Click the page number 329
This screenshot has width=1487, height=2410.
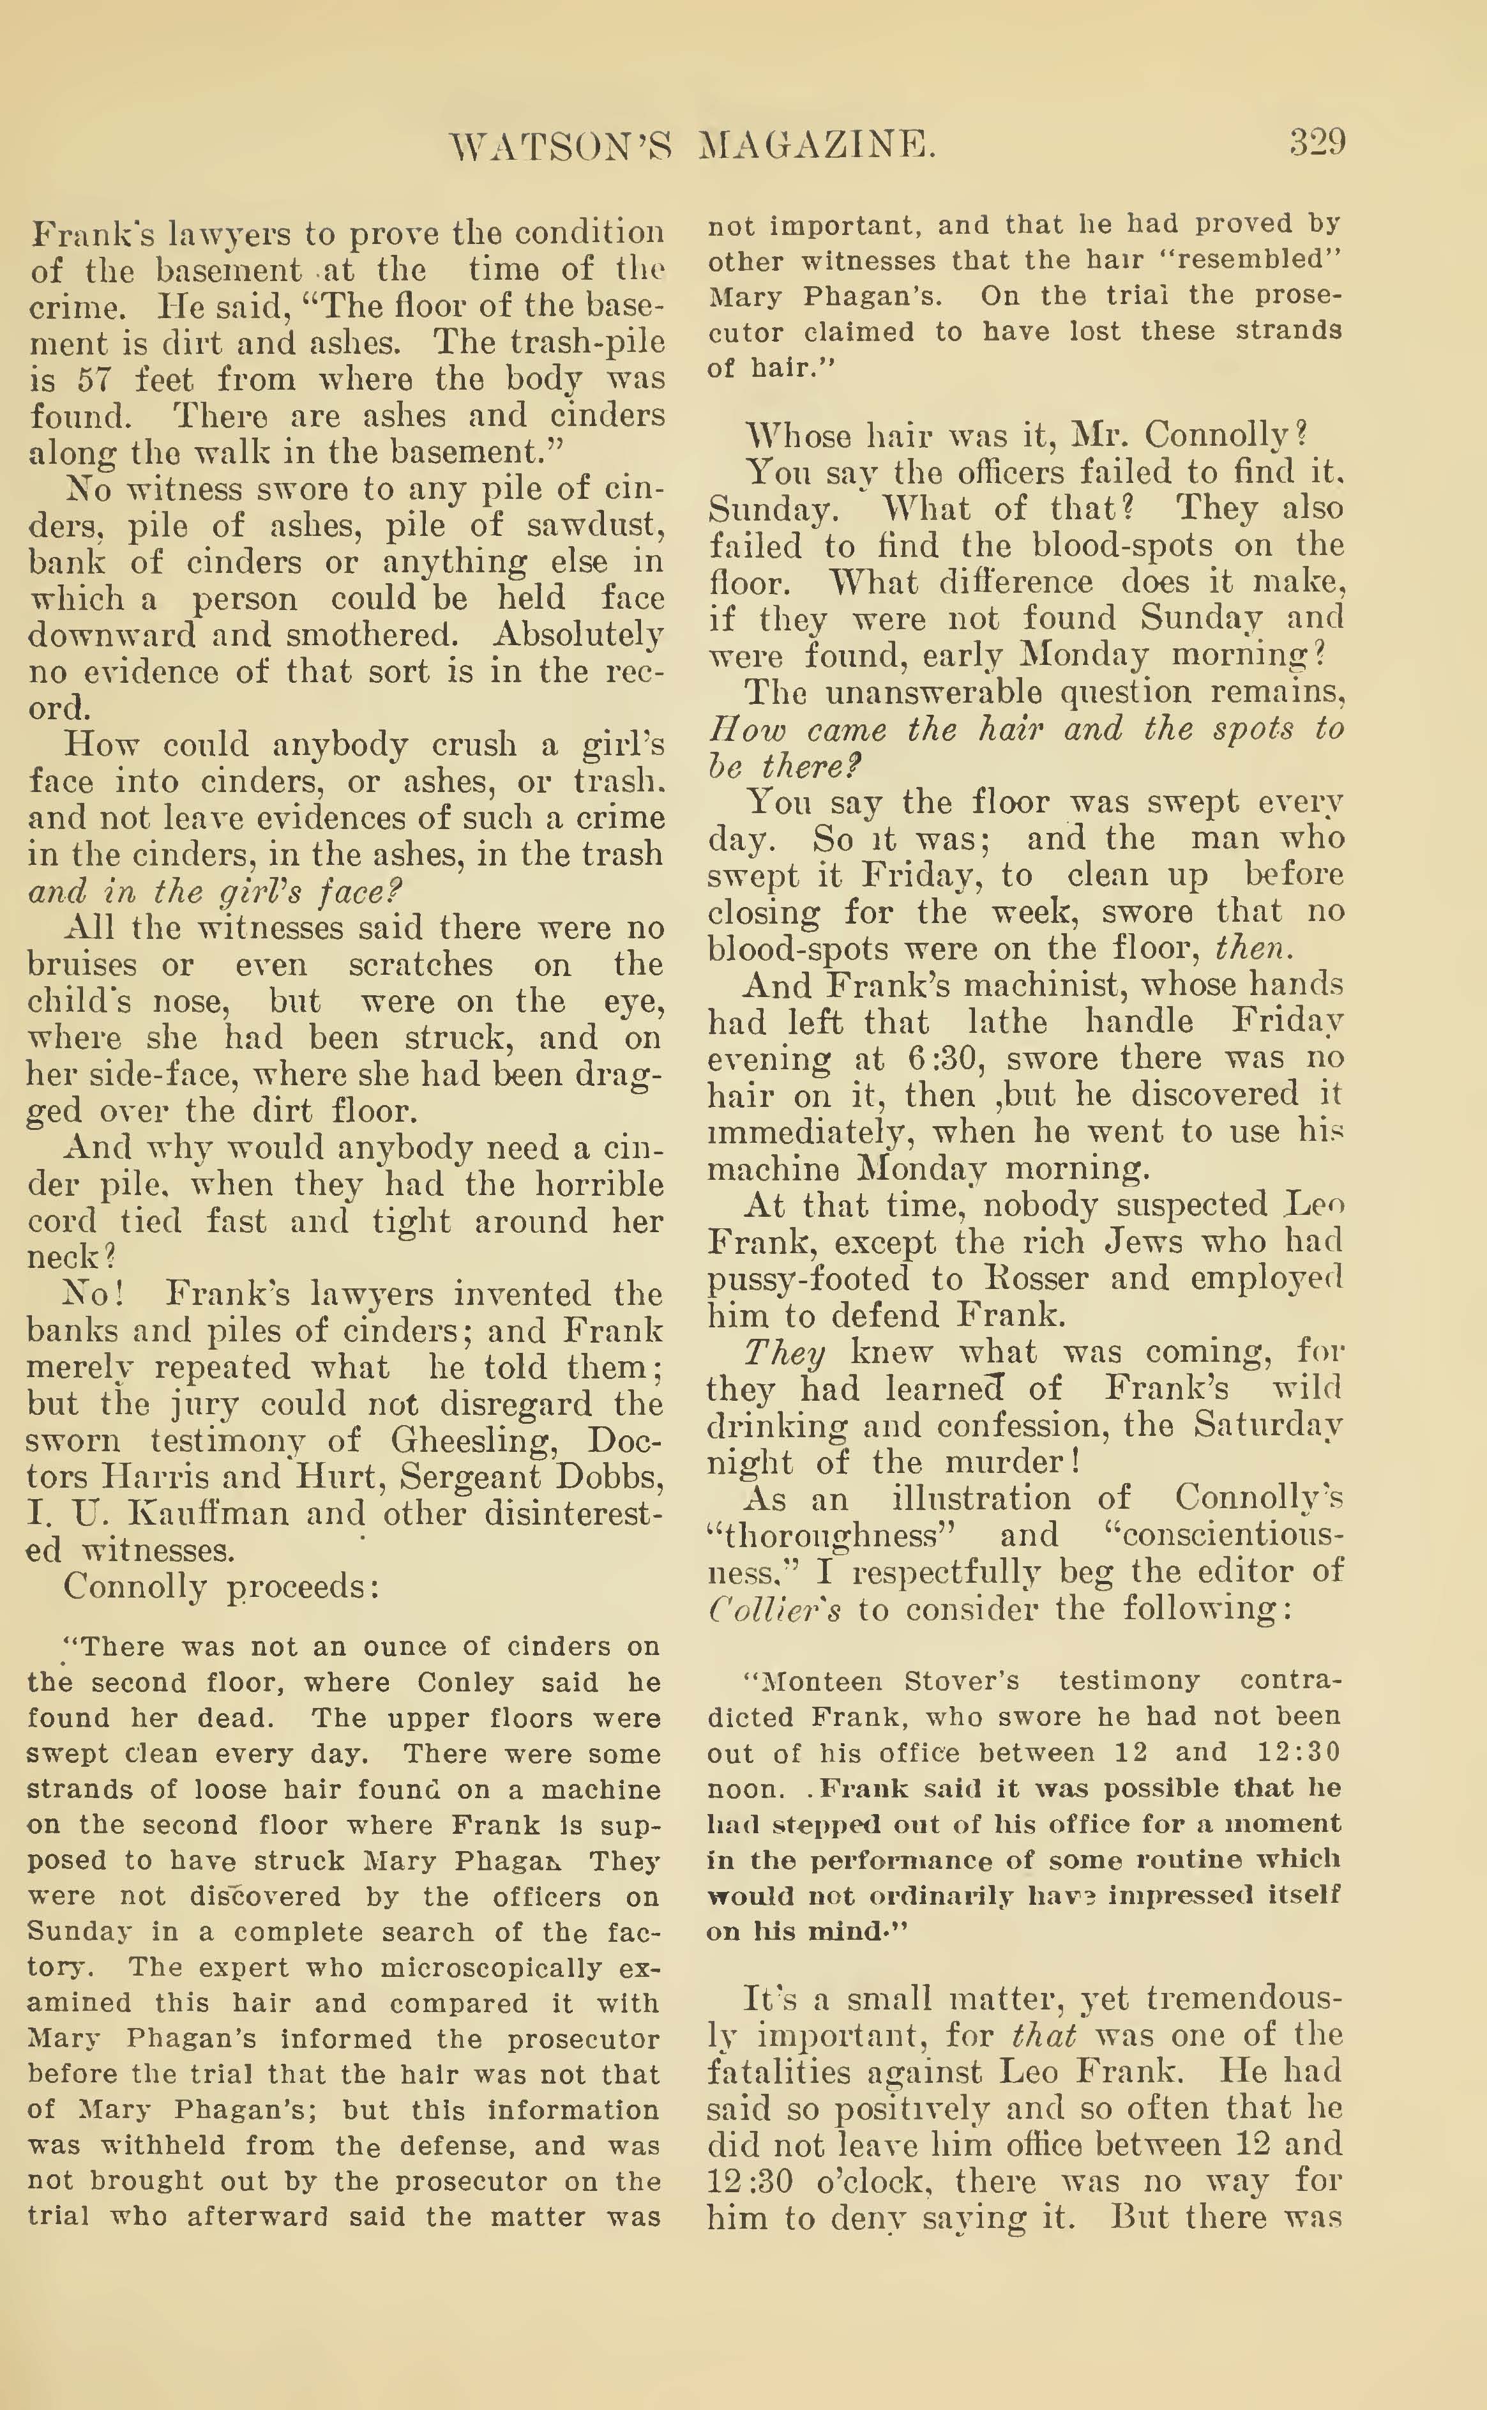tap(1317, 144)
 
